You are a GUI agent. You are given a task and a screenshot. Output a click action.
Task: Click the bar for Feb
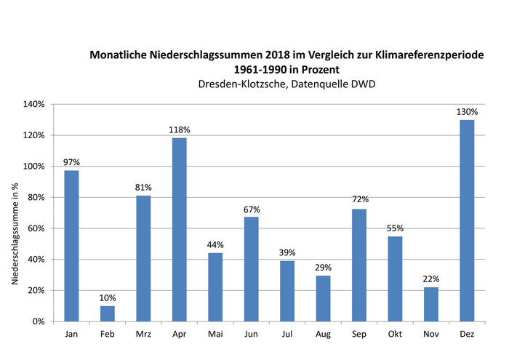(x=108, y=313)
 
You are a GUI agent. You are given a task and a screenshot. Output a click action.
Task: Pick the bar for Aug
(x=323, y=298)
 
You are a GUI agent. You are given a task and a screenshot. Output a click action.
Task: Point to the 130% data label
(x=467, y=112)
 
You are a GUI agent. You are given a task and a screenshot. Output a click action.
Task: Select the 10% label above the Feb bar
(x=108, y=297)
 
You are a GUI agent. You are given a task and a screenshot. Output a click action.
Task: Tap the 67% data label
(x=251, y=209)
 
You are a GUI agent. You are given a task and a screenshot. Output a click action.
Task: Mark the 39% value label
(x=287, y=252)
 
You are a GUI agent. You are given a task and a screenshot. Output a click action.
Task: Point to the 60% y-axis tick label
(x=36, y=228)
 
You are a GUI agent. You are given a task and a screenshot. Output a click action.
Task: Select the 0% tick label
(x=39, y=321)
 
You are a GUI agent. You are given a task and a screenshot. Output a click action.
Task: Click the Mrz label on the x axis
(x=143, y=335)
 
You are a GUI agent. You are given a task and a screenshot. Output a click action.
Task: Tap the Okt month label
(x=395, y=335)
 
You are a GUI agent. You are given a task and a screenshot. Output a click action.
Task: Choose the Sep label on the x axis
(x=358, y=335)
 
